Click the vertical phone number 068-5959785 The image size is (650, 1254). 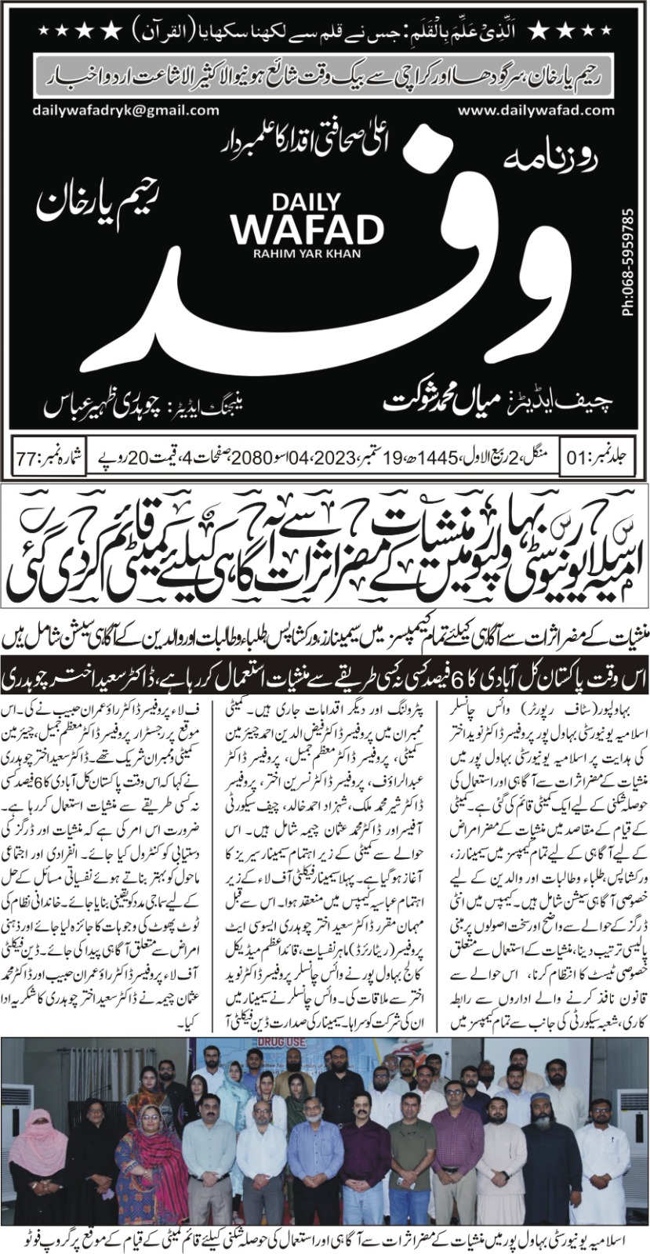(x=626, y=263)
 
